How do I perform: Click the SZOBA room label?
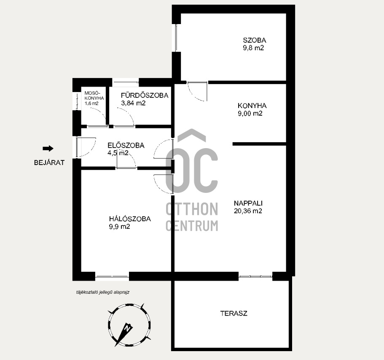[255, 40]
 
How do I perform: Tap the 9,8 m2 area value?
[253, 48]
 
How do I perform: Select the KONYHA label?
[252, 106]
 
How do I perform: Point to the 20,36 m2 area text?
[248, 211]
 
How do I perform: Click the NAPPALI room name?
[248, 203]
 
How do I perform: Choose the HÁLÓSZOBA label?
[130, 219]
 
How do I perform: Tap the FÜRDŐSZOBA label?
[145, 95]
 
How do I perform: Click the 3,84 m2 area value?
[133, 103]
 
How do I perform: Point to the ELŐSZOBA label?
[126, 145]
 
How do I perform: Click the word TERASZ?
[234, 314]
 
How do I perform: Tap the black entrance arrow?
[48, 149]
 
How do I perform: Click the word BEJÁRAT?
[49, 162]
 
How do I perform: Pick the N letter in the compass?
[127, 328]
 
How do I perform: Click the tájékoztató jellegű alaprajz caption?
[102, 292]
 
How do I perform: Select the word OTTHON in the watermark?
[192, 209]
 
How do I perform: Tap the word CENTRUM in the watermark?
[192, 226]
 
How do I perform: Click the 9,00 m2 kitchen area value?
[250, 113]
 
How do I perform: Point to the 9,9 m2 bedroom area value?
[120, 227]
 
